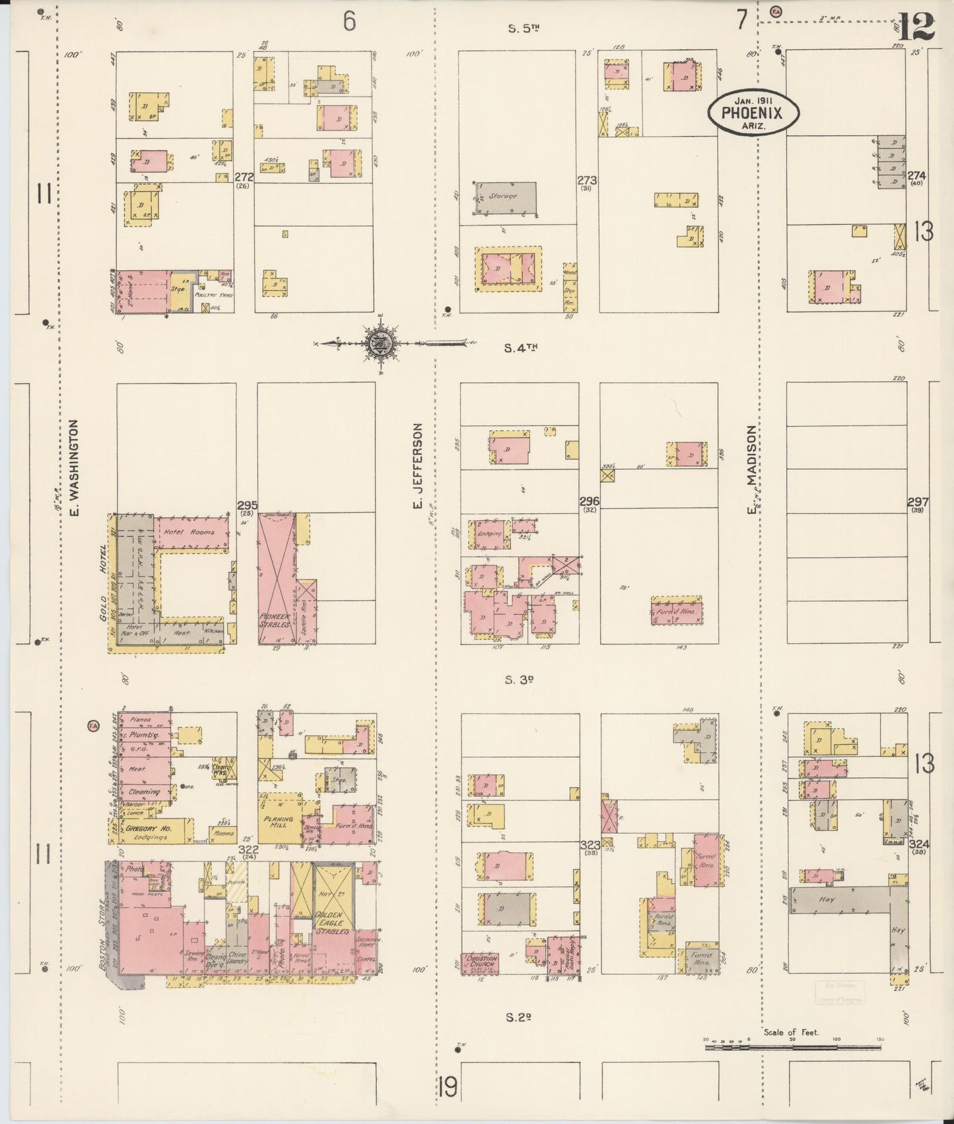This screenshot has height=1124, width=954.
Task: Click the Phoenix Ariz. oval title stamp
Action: point(753,113)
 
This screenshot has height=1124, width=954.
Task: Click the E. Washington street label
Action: point(74,468)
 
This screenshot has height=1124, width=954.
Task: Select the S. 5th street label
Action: point(524,28)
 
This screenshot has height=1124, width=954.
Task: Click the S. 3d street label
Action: point(518,680)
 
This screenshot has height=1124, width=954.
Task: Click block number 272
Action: point(244,177)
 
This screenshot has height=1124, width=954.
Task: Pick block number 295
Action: point(247,505)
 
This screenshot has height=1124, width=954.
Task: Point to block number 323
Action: point(589,845)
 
